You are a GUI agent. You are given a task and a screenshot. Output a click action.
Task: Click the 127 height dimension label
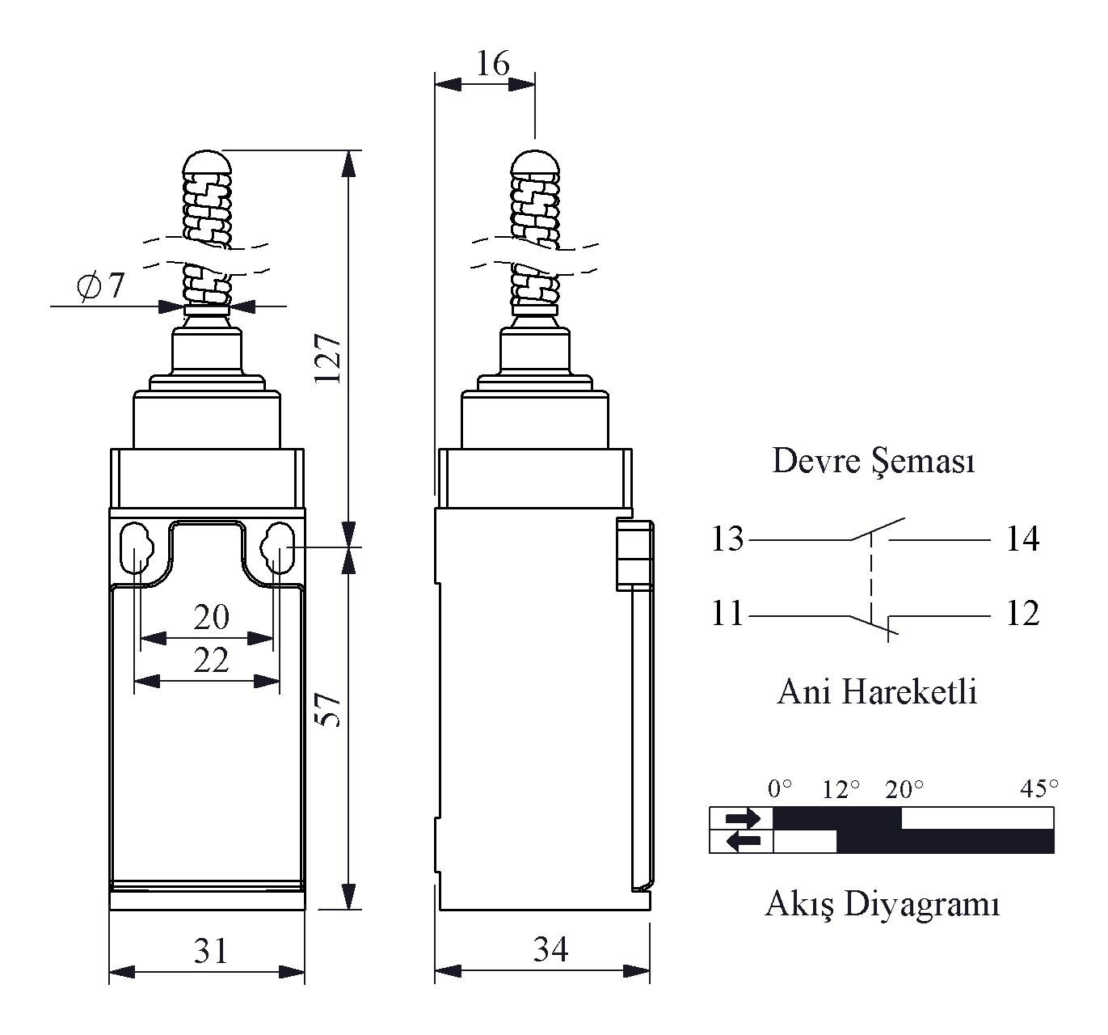pos(327,358)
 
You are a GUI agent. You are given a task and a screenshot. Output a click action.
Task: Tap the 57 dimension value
pos(327,709)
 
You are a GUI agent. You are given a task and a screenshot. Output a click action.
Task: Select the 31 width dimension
pos(211,951)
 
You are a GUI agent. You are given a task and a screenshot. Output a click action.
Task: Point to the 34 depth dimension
pos(550,949)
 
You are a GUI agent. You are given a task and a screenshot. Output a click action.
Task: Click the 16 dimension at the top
pos(493,63)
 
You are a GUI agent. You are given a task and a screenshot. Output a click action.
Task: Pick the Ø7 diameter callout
pos(100,285)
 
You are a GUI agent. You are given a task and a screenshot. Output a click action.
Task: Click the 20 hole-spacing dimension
pos(212,617)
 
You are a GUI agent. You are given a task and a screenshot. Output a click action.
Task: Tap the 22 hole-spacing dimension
pos(212,661)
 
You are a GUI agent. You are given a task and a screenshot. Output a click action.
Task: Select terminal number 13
pos(727,539)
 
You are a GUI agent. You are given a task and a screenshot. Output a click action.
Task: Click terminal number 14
pos(1022,539)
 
